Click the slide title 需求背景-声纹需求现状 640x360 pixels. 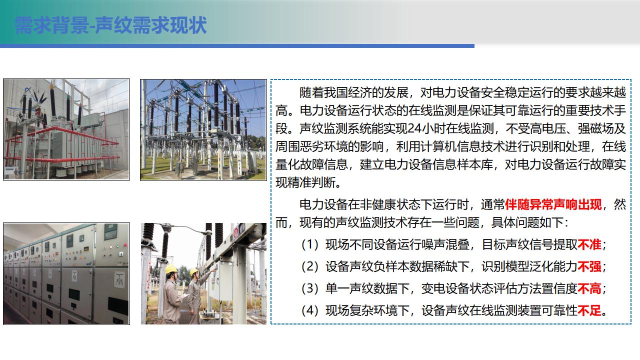tap(110, 25)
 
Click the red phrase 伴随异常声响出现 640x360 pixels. tap(553, 204)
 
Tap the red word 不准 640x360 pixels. tap(589, 244)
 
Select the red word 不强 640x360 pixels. tap(589, 266)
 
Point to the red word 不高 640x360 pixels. tap(589, 288)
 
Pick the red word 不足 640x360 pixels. tap(589, 310)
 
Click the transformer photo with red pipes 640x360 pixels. tap(66, 129)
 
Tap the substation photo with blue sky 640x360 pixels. tap(203, 130)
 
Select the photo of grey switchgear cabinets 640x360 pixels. tap(66, 273)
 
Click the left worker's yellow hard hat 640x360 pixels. tap(171, 269)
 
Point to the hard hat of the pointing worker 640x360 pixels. tap(194, 271)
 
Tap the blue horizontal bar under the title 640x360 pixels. tap(237, 46)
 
